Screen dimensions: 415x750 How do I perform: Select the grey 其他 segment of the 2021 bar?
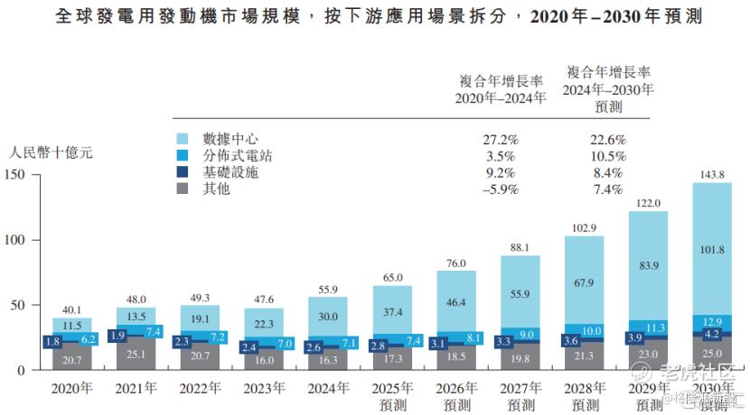[136, 355]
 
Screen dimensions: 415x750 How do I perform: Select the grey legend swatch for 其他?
[183, 189]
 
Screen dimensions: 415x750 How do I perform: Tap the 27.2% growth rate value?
[500, 140]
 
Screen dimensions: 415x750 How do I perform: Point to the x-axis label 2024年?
[327, 389]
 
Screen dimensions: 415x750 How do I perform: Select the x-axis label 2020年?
[71, 389]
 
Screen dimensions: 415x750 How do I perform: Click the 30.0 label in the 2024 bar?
[327, 317]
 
